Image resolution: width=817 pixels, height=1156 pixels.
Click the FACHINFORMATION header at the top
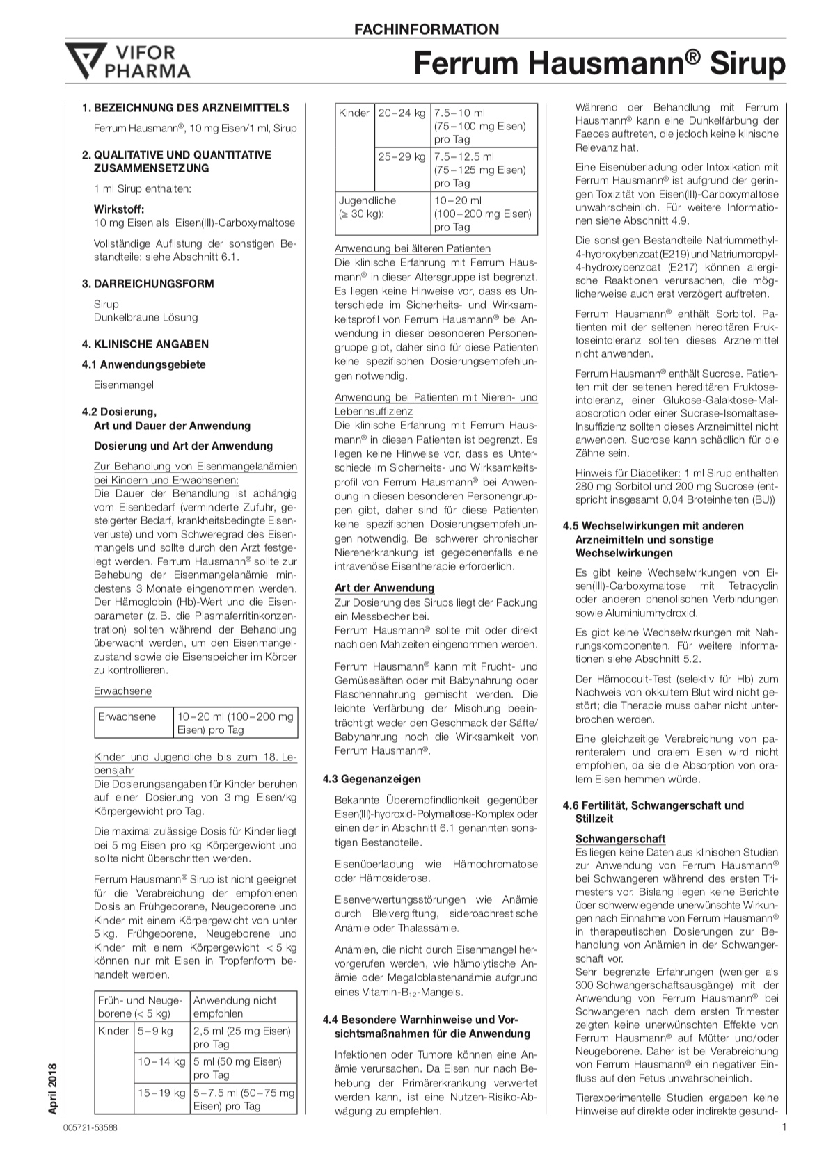click(427, 29)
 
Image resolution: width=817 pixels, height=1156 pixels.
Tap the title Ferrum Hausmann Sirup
click(599, 64)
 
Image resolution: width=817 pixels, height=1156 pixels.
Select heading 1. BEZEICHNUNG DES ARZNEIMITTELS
click(186, 108)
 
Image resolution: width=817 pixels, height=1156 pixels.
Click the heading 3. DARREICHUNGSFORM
click(148, 284)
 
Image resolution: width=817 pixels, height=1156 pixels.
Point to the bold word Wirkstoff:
click(119, 209)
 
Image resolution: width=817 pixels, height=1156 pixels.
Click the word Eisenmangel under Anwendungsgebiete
click(124, 385)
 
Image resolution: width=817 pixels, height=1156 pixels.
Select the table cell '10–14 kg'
click(161, 1061)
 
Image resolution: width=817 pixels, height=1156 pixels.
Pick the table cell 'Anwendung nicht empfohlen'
click(235, 1006)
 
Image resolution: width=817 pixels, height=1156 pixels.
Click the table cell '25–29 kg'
click(402, 157)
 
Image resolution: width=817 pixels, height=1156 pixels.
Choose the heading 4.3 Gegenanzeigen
click(372, 779)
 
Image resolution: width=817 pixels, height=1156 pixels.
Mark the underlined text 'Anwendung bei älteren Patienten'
click(413, 249)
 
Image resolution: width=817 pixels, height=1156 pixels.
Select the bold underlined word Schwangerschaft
click(620, 839)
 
